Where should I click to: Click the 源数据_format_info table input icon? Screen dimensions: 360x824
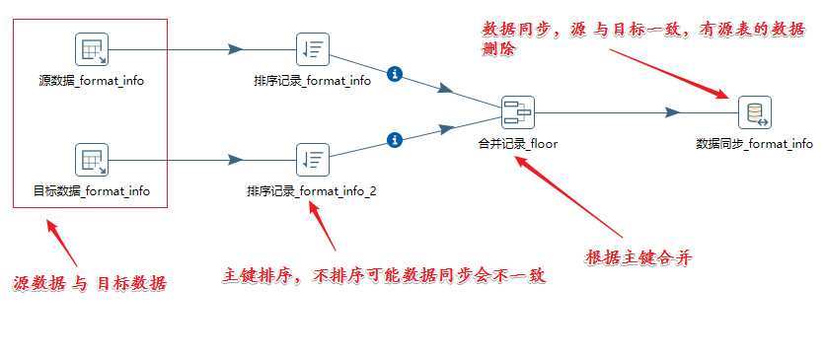coord(91,48)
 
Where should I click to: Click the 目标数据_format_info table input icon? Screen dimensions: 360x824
coord(91,159)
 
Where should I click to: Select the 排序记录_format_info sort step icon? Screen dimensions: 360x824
coord(312,48)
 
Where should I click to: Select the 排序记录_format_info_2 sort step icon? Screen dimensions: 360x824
coord(312,159)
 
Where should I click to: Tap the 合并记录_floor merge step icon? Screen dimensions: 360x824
coord(517,112)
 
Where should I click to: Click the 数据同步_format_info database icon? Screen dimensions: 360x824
coord(754,112)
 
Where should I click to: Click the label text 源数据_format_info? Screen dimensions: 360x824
coord(91,81)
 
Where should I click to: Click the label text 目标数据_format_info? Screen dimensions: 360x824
coord(91,191)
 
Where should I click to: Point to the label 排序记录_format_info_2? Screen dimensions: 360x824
coord(312,191)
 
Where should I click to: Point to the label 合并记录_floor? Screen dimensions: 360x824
coord(517,144)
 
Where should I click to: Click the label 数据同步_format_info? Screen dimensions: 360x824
coord(754,144)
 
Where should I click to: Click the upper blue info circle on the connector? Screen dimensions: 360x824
coord(395,74)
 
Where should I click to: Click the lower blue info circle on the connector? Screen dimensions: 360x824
coord(395,139)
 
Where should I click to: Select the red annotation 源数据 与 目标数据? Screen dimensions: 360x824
coord(90,283)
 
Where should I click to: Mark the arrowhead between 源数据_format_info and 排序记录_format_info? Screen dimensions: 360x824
coord(235,48)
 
